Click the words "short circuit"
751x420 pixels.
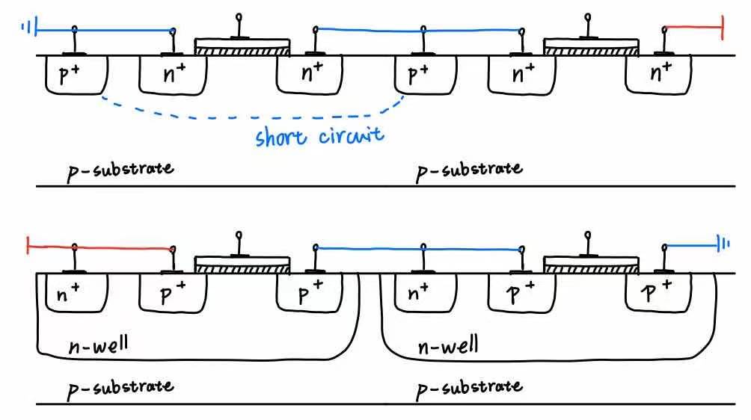319,136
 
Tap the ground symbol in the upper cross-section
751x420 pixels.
28,30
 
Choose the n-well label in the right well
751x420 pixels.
448,347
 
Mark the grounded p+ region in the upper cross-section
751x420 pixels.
75,74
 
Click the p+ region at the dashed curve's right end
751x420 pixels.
423,74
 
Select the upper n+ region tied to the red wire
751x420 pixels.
659,74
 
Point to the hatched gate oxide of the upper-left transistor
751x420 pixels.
242,50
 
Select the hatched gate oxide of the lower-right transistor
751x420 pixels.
591,267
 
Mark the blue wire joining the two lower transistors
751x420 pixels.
419,247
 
